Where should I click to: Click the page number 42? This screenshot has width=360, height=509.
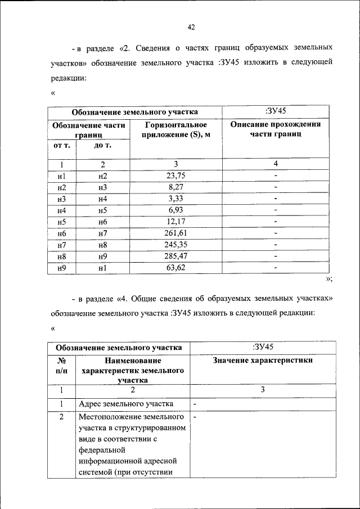click(x=191, y=27)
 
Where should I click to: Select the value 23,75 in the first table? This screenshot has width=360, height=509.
click(x=175, y=176)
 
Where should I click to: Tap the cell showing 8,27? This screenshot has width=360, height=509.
click(x=175, y=187)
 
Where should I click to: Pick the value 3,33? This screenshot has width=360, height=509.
click(x=175, y=199)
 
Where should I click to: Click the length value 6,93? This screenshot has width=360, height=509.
click(x=175, y=210)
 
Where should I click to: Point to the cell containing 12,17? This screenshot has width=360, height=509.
click(x=175, y=222)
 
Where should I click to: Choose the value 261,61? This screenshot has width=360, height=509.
click(x=175, y=233)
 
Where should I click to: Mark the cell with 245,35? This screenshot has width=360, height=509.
click(x=175, y=245)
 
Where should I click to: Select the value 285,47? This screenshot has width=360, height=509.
click(x=175, y=256)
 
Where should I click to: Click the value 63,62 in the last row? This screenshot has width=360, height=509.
click(x=175, y=268)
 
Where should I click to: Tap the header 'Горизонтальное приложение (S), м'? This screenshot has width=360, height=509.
click(x=175, y=130)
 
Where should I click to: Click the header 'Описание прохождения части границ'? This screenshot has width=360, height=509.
click(x=276, y=130)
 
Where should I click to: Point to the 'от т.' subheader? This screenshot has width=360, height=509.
click(x=61, y=146)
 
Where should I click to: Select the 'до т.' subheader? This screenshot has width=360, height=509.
click(x=102, y=146)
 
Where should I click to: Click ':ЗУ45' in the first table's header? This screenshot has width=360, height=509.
click(x=276, y=111)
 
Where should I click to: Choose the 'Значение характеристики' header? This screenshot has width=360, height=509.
click(x=263, y=361)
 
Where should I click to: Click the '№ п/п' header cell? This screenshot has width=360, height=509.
click(x=61, y=366)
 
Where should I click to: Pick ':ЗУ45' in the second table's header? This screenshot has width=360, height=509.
click(x=263, y=346)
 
